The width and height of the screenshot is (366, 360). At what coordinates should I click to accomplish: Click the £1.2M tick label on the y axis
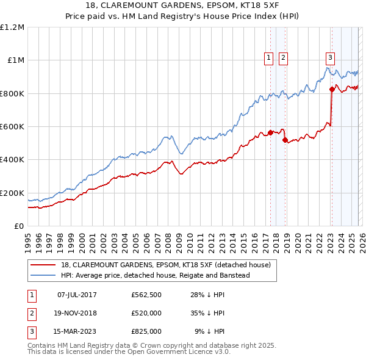(12, 27)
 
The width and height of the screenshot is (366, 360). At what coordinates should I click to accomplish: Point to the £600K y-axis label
(12, 127)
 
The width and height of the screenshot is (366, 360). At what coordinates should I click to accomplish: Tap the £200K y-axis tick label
(12, 193)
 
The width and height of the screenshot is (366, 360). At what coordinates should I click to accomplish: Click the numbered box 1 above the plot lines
(268, 58)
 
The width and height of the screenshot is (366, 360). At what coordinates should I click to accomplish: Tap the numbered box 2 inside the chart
(284, 58)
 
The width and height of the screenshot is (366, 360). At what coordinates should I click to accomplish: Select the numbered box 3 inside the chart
(330, 58)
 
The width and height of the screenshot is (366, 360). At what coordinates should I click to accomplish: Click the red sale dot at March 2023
(332, 89)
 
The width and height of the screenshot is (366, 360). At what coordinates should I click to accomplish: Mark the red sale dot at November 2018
(285, 140)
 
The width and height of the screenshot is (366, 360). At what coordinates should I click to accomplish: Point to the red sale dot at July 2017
(270, 132)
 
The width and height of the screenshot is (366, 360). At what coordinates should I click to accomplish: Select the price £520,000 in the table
(146, 313)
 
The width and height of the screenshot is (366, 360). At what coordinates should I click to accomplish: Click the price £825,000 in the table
(146, 331)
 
